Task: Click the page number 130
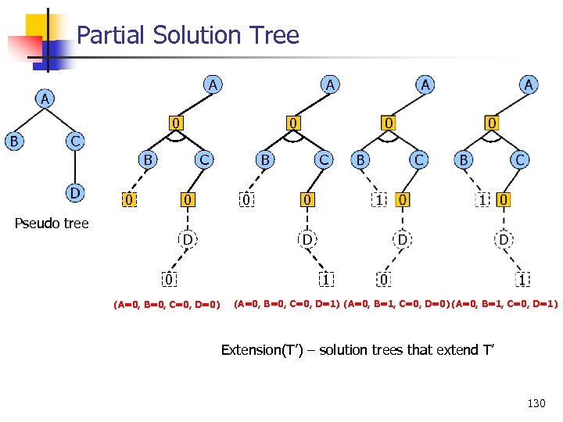tap(536, 403)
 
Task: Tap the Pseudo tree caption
tap(52, 224)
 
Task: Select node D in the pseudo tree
tap(74, 192)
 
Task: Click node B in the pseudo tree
tap(13, 141)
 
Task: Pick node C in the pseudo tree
tap(74, 141)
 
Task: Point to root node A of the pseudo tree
tap(45, 98)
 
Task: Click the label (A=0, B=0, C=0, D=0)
tap(167, 303)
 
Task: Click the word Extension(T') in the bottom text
tap(261, 349)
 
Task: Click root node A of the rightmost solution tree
tap(529, 84)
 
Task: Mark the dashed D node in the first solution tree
tap(188, 238)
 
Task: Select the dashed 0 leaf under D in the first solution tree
tap(168, 278)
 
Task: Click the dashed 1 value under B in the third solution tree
tap(379, 201)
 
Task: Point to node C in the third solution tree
tap(419, 159)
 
